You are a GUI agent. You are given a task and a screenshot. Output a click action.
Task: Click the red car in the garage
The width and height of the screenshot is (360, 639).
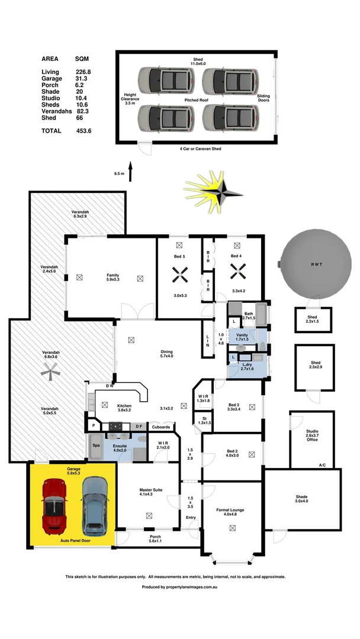click(x=54, y=506)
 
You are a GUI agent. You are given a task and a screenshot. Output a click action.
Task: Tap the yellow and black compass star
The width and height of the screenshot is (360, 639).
click(x=213, y=192)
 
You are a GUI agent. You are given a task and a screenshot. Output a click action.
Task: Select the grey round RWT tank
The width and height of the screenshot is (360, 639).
click(x=316, y=264)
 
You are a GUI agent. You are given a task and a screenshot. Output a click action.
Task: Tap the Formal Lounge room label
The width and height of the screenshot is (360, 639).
click(x=230, y=512)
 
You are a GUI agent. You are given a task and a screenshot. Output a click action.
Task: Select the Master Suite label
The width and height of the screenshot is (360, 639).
click(x=151, y=492)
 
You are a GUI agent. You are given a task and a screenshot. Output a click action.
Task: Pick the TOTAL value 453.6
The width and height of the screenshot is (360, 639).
click(x=84, y=131)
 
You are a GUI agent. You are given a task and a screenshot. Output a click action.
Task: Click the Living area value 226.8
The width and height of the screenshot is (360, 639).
click(x=83, y=72)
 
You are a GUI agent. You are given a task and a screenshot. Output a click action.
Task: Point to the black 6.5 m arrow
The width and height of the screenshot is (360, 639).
click(x=130, y=171)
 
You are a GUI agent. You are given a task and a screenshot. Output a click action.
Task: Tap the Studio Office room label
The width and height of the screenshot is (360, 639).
click(x=312, y=435)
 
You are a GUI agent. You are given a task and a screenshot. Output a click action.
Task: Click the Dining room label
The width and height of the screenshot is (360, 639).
click(x=166, y=354)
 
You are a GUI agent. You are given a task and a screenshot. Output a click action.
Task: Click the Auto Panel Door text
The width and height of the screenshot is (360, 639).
click(x=75, y=540)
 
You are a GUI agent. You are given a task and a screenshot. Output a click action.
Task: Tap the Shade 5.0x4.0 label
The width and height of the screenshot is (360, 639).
click(x=302, y=499)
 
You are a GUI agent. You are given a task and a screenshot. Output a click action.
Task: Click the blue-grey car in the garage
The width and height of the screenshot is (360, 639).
click(x=95, y=506)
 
